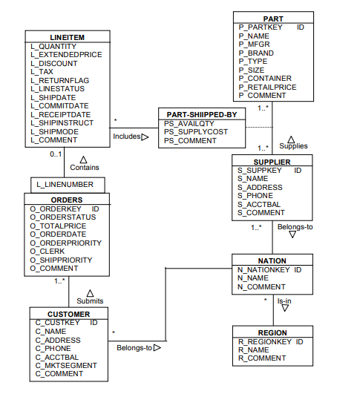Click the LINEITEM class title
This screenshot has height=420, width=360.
pos(67,36)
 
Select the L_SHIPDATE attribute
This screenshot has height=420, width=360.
pos(53,97)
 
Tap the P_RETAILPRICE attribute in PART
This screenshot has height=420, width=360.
pos(267,87)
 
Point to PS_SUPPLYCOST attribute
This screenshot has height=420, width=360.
pos(196,131)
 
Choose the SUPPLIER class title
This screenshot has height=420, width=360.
pos(272,161)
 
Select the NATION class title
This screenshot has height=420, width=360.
pos(272,260)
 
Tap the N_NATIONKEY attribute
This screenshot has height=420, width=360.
pos(264,269)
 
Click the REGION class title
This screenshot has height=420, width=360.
pos(272,332)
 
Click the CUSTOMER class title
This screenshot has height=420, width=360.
pos(68,314)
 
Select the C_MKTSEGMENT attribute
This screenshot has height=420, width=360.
pos(66,365)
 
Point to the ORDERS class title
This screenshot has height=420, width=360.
pos(67,200)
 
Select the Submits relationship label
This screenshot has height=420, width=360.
pos(90,301)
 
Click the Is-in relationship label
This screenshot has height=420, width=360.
pos(284,301)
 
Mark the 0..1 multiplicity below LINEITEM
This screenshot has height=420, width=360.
pos(56,154)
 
